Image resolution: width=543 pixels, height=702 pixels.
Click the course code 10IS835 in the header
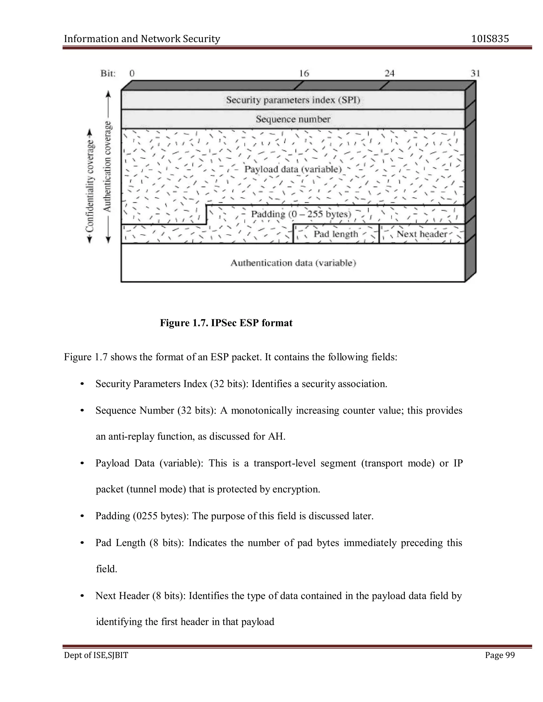(x=490, y=39)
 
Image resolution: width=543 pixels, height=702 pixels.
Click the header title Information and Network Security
(x=142, y=39)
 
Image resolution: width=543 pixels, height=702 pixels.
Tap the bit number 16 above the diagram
(x=304, y=74)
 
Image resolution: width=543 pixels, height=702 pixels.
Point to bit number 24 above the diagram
(x=389, y=74)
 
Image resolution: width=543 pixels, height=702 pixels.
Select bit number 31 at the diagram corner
(x=475, y=74)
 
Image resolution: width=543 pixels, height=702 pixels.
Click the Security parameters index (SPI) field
(x=293, y=100)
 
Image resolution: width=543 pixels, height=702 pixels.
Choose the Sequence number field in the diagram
(x=293, y=119)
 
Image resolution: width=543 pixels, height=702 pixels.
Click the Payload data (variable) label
(x=293, y=169)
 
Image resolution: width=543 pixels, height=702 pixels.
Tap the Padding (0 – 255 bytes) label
(x=301, y=214)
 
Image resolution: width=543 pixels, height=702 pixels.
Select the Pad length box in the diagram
(x=336, y=234)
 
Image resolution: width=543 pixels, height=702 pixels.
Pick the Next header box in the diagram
(x=422, y=234)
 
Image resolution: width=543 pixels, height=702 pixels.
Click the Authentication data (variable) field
(x=293, y=263)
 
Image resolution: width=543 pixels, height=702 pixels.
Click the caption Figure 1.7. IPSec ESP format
(x=226, y=323)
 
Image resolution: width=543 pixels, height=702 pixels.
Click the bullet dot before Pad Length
(x=82, y=543)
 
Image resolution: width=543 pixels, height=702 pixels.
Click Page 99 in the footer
(x=500, y=655)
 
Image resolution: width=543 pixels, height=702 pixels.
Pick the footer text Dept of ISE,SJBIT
(x=96, y=655)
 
